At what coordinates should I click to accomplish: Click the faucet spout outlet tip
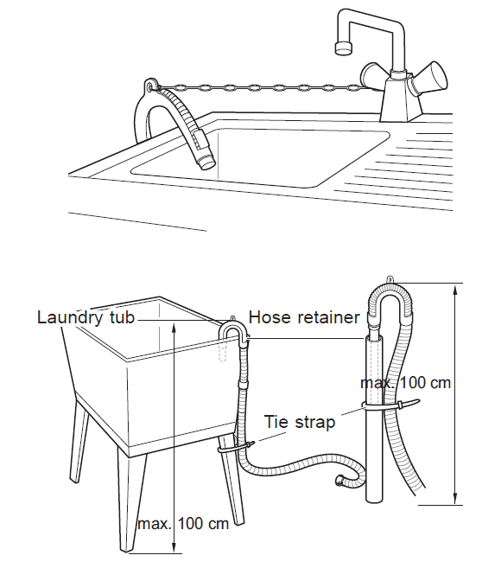point(343,48)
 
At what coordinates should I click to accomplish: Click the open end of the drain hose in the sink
point(207,163)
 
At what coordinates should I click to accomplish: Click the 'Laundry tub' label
point(86,317)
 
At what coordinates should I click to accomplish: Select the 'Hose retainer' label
point(304,317)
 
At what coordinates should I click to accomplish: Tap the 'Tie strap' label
point(300,422)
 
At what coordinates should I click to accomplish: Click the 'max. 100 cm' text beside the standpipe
point(405,382)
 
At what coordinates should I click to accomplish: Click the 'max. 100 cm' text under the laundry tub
point(183,523)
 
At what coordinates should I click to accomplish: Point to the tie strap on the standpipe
point(391,405)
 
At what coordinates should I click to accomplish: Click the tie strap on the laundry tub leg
point(237,447)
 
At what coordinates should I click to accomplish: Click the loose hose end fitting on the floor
point(340,480)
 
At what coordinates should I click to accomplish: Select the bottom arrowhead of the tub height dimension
point(174,546)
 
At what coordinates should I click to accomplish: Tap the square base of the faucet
point(401,100)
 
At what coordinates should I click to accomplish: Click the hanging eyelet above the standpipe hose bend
point(390,279)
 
